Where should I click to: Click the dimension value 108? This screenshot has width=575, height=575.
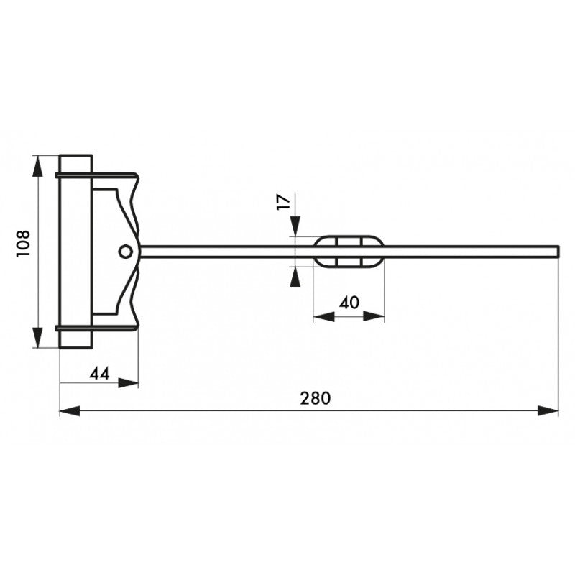[x=23, y=244]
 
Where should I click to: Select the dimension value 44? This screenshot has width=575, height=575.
[x=100, y=374]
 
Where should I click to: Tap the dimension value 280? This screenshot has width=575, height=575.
[x=316, y=398]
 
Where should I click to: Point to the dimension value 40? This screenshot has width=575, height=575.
[x=349, y=303]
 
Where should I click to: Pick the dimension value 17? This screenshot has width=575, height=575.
[x=283, y=202]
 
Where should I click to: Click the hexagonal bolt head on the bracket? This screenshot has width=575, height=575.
[x=125, y=251]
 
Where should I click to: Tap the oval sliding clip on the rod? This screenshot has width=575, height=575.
[x=349, y=252]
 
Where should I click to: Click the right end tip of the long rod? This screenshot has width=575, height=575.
[x=559, y=252]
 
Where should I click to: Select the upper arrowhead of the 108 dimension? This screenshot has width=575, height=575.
[x=37, y=166]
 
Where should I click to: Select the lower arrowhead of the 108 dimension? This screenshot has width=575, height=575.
[x=37, y=336]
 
